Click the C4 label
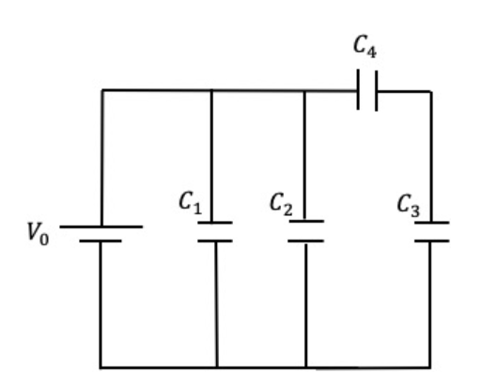366,47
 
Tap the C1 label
190,203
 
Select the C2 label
281,204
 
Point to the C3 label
409,206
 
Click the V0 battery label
39,234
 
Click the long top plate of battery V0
101,226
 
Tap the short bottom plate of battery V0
101,241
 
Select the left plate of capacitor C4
358,89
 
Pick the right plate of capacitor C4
377,91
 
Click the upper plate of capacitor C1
215,223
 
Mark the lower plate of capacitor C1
215,241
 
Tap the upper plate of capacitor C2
306,221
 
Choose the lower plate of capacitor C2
306,241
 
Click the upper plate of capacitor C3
432,223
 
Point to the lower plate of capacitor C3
432,241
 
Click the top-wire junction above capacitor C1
211,91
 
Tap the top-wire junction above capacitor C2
304,91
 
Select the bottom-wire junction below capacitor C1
217,367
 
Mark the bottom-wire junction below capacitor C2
306,367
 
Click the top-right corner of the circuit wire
431,91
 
